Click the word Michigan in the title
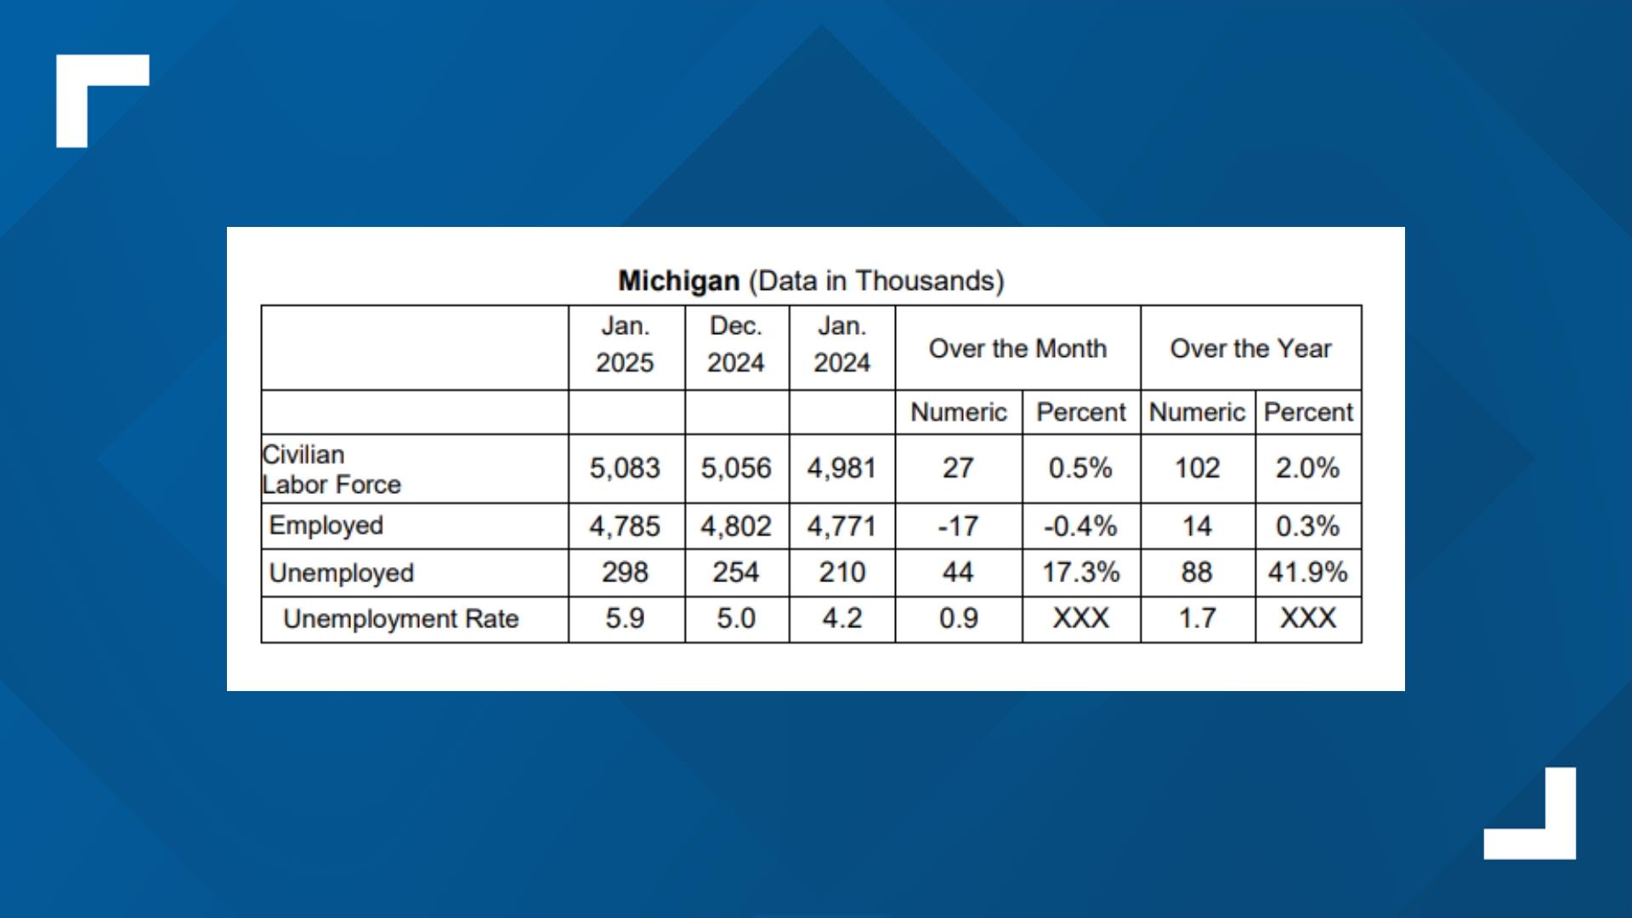[678, 280]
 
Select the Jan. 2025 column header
[625, 345]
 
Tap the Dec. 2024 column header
[735, 345]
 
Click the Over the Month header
[1017, 348]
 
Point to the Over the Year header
[1250, 348]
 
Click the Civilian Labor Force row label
[331, 469]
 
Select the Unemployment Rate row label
[400, 619]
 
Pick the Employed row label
[326, 525]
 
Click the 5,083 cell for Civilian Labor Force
[625, 468]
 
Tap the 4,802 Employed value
[735, 526]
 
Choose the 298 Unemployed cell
[625, 572]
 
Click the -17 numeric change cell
[958, 526]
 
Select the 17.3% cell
[1080, 572]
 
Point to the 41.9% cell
[1307, 572]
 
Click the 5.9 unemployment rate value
[625, 618]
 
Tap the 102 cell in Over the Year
[1197, 468]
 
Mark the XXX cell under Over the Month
[1080, 618]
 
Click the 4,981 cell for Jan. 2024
[841, 468]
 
